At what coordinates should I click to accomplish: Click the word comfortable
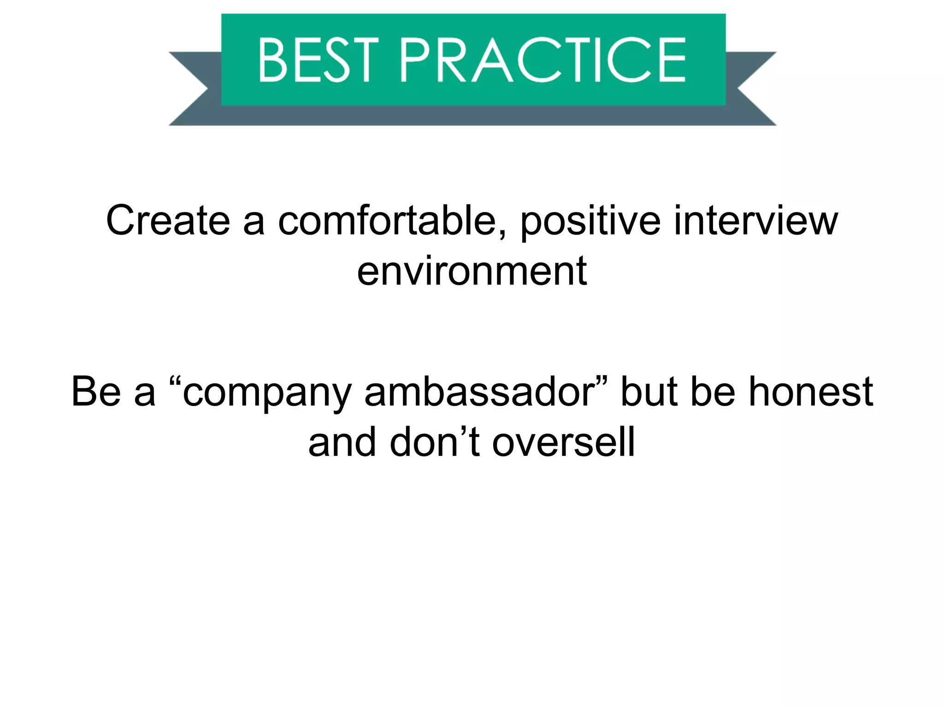(x=387, y=221)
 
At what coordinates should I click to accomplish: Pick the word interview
(x=755, y=221)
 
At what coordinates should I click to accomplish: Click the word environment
(x=472, y=272)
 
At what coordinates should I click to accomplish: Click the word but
(x=649, y=392)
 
